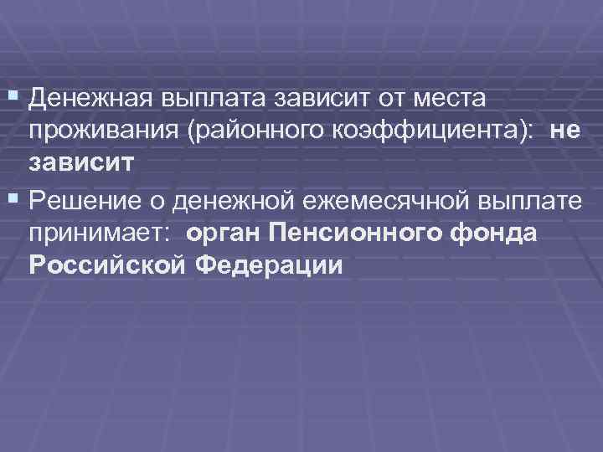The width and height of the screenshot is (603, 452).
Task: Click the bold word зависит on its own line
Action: pos(80,162)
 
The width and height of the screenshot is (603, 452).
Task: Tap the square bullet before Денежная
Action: pos(14,98)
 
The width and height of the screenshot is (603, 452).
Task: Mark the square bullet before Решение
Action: pos(14,201)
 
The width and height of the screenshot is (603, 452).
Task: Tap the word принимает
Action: pos(100,233)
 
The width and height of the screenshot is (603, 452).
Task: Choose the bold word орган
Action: pos(225,233)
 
